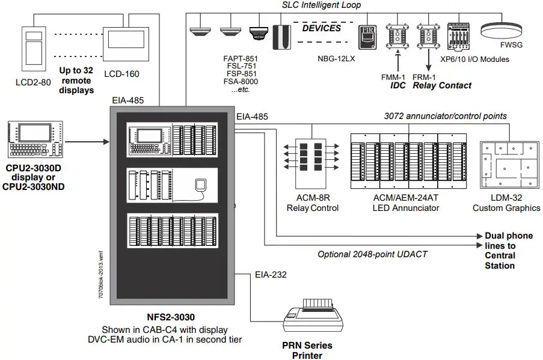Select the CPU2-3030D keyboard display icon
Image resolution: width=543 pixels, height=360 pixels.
[x=35, y=140]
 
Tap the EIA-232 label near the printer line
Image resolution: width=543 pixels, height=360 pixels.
[x=271, y=275]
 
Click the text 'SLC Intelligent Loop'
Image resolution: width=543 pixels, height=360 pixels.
[x=321, y=5]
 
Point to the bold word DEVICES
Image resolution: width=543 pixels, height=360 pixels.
[x=321, y=28]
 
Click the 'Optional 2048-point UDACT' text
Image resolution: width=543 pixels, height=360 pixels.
[x=372, y=254]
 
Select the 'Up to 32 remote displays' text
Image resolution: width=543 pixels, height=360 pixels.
[x=76, y=80]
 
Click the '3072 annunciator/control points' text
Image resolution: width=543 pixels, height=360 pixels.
[x=445, y=115]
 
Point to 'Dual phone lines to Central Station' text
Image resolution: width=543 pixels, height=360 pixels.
[x=509, y=251]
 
